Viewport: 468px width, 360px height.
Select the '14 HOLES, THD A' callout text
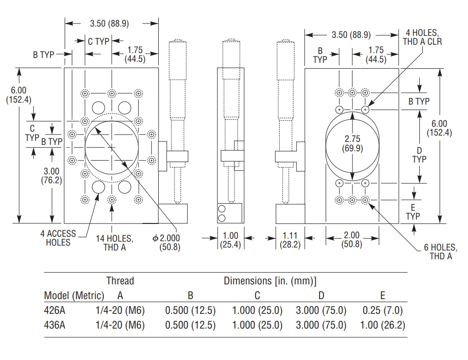[115, 243]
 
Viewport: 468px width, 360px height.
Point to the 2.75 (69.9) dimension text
[352, 144]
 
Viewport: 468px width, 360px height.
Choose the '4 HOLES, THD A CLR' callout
[423, 38]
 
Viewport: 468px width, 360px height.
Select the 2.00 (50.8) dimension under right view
[352, 239]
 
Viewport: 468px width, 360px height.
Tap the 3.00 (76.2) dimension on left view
[52, 175]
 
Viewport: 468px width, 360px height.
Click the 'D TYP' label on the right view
[419, 154]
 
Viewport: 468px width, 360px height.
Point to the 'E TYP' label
[413, 212]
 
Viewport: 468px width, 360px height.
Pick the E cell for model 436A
[382, 325]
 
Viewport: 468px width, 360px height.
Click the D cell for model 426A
[321, 310]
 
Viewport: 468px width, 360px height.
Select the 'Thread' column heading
[120, 281]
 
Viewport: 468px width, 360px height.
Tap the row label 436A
[55, 325]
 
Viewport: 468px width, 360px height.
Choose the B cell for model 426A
[190, 310]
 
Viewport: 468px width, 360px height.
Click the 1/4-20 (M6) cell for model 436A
[120, 325]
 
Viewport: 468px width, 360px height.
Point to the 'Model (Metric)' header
[74, 296]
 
